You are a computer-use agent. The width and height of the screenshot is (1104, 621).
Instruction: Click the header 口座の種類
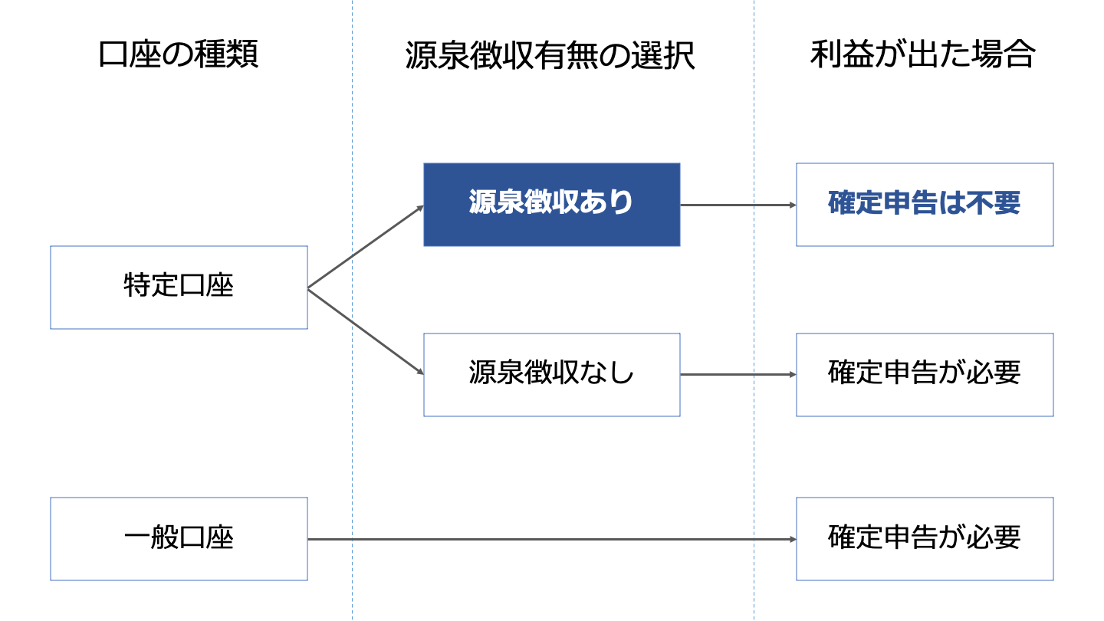tap(179, 55)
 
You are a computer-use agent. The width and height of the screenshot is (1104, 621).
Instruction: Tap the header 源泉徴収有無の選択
tap(550, 55)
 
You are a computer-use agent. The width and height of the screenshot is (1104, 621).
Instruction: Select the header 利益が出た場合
tap(923, 55)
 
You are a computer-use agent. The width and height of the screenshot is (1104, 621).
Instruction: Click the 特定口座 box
tap(179, 287)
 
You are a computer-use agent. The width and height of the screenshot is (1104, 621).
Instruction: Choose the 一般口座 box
tap(179, 539)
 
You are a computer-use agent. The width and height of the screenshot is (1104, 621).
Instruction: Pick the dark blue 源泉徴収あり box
tap(551, 205)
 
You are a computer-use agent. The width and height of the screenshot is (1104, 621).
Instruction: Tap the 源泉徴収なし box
tap(551, 375)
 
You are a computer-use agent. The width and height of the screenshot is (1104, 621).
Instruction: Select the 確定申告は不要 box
tap(924, 205)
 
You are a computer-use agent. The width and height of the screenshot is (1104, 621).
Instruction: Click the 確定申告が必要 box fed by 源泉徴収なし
tap(924, 375)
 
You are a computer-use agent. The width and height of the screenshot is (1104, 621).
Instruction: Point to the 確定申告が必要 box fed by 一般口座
tap(924, 539)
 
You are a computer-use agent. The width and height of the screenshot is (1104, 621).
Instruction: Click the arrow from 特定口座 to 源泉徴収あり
tap(366, 247)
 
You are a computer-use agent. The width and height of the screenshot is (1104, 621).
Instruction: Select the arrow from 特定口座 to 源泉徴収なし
tap(366, 331)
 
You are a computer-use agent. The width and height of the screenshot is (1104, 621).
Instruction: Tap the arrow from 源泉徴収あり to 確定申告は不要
tap(738, 205)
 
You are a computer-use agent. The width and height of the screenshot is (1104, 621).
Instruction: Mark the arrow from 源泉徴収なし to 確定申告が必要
tap(738, 375)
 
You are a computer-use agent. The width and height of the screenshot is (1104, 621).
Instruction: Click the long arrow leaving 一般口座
tap(552, 540)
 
